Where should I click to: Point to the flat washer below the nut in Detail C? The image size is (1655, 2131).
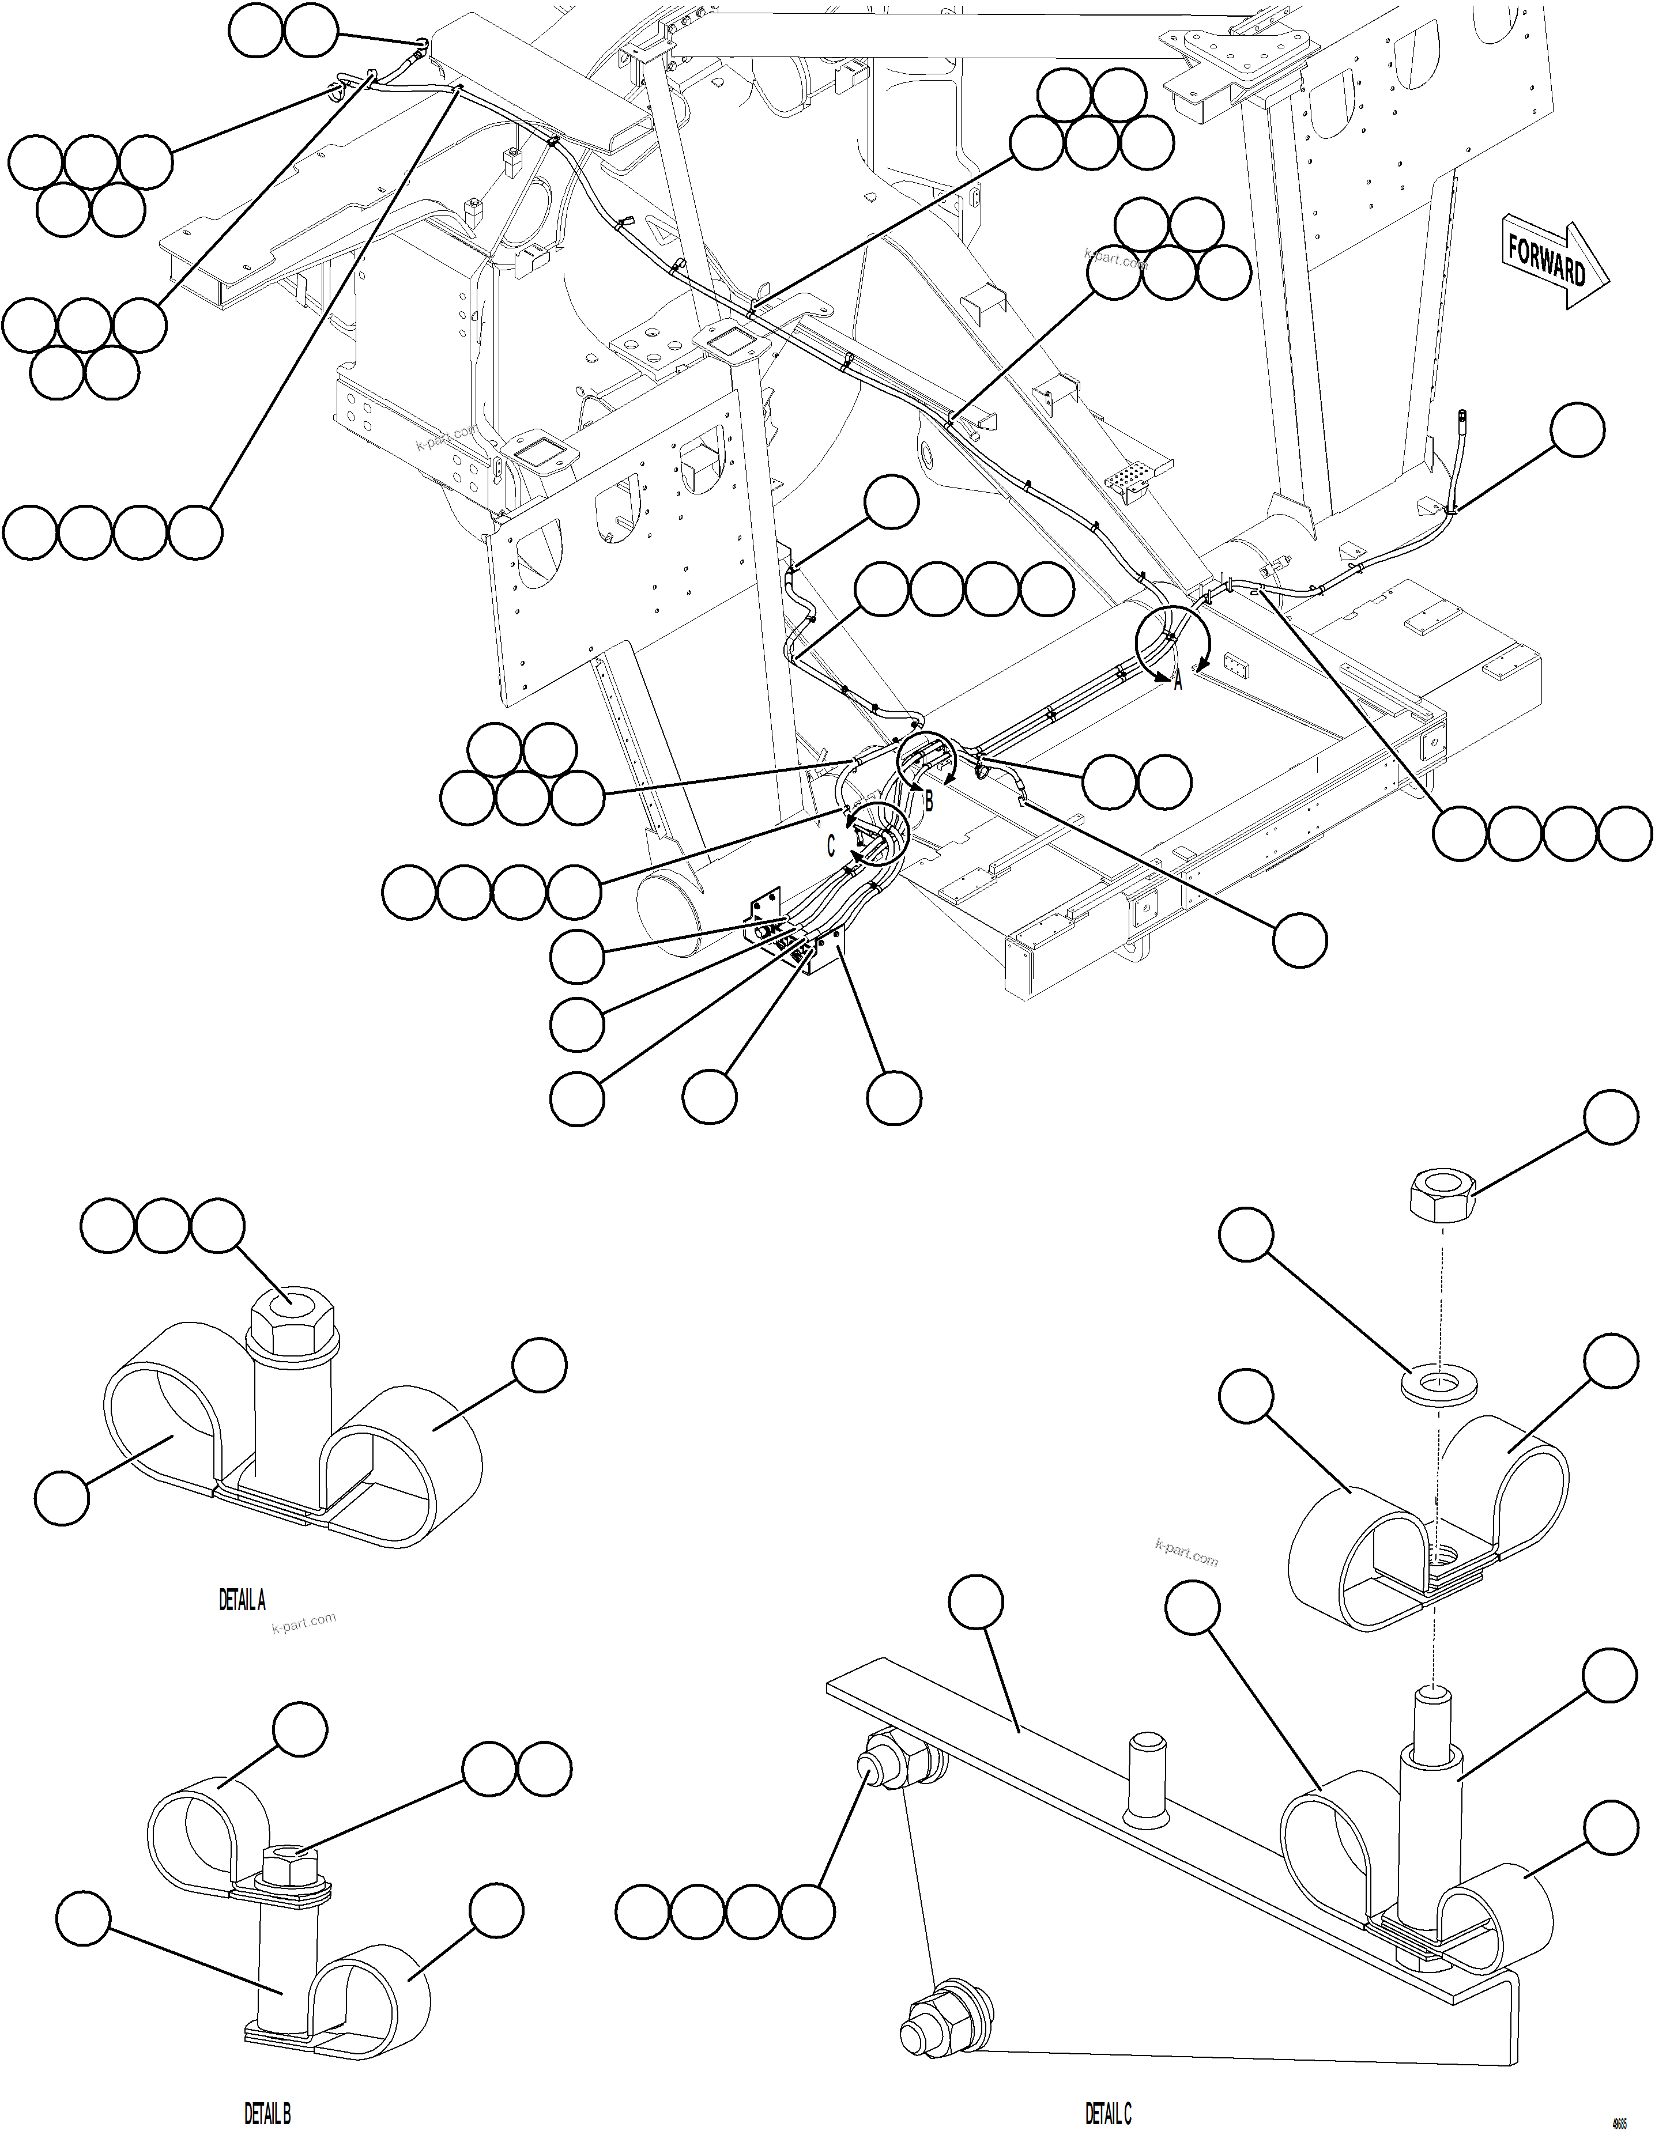(x=1438, y=1382)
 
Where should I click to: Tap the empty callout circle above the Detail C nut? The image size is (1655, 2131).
(x=1610, y=1117)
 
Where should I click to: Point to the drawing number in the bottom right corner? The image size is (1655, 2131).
(x=1620, y=2119)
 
